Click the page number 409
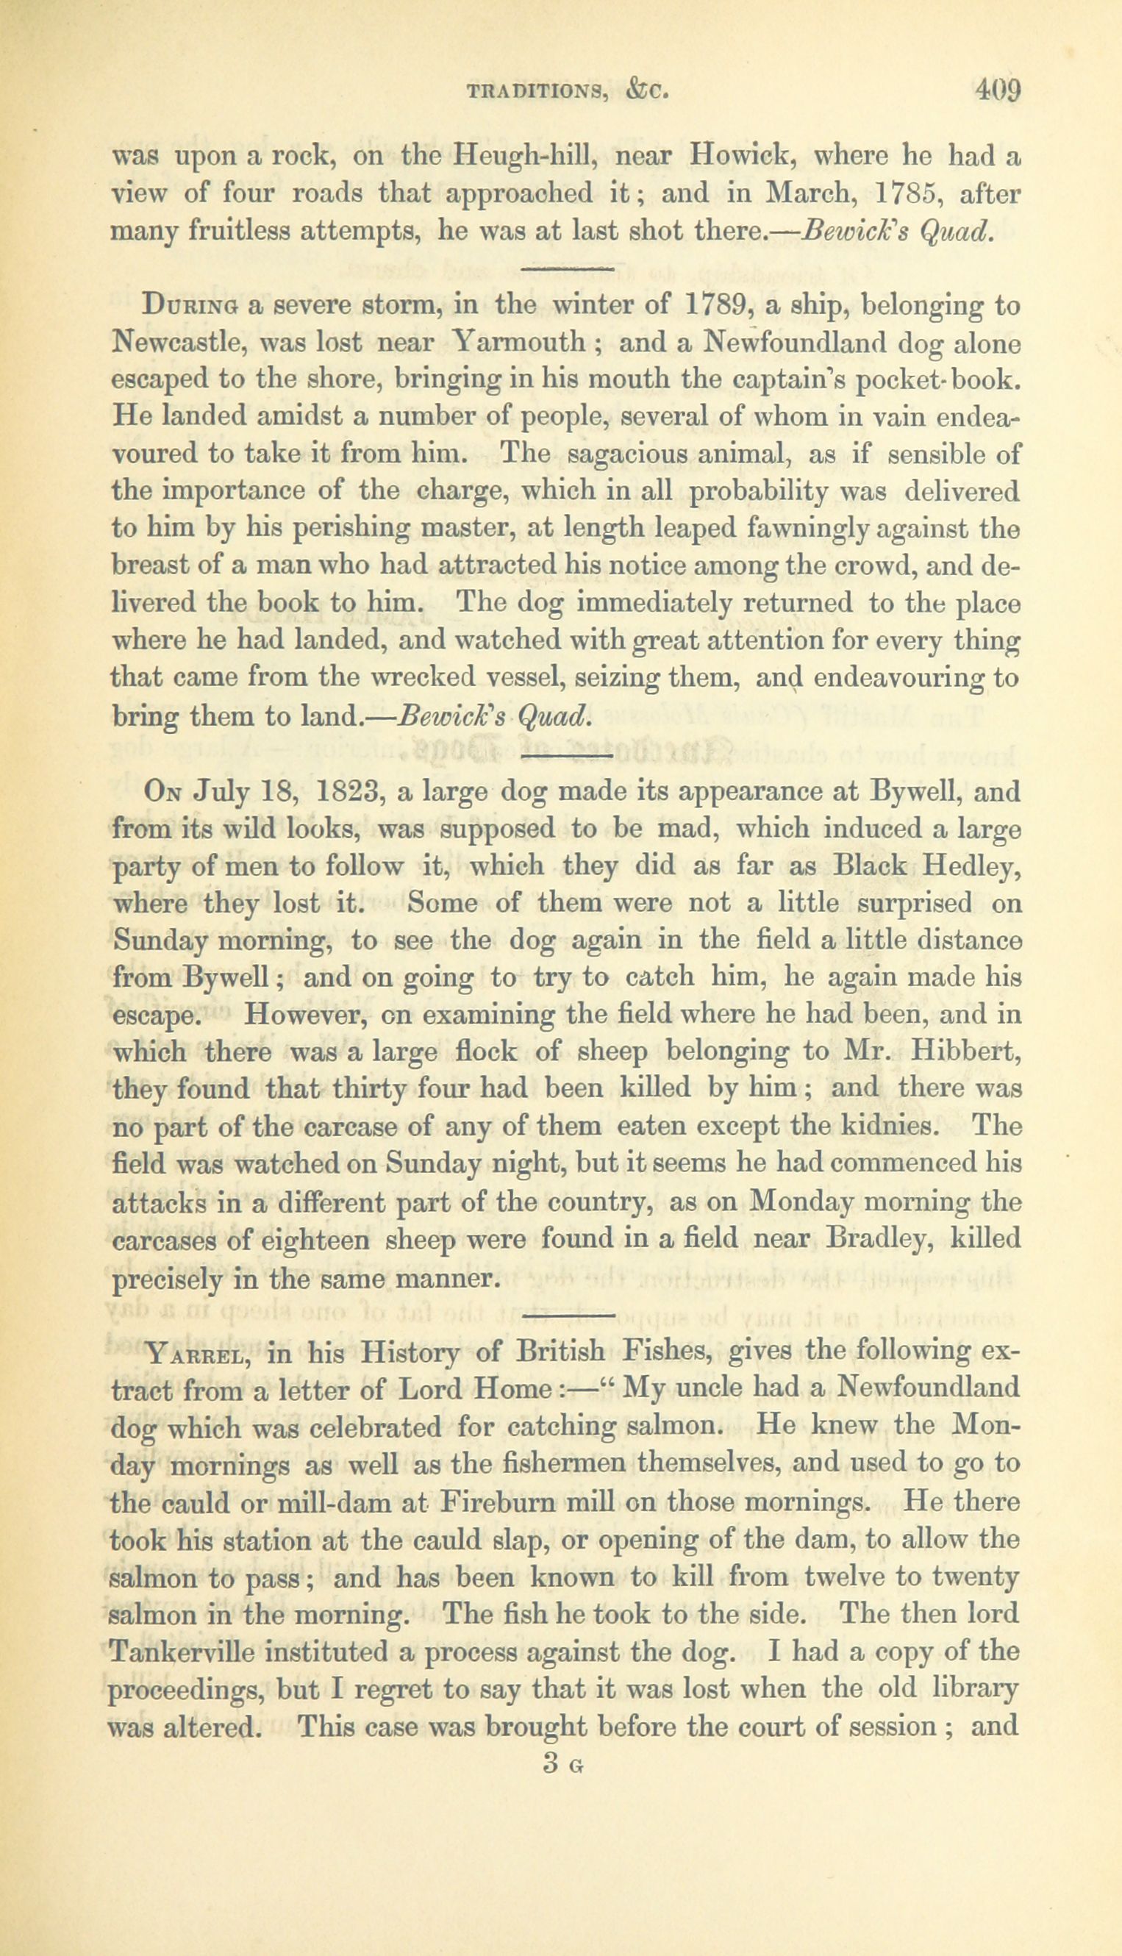click(x=998, y=92)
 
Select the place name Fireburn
click(x=493, y=1502)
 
